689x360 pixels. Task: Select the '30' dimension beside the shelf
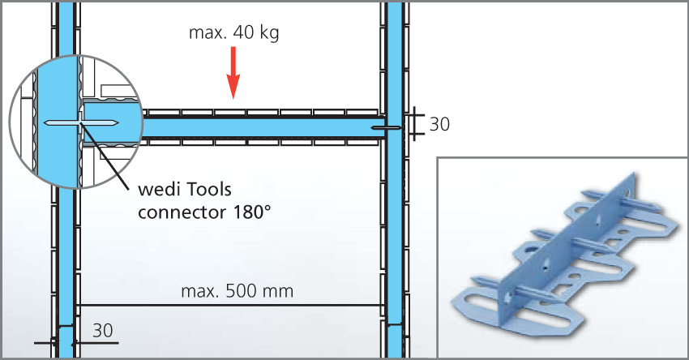pyautogui.click(x=439, y=124)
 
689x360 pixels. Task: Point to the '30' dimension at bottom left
pyautogui.click(x=102, y=331)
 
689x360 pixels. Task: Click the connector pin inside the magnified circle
pyautogui.click(x=82, y=123)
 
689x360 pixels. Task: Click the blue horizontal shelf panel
pyautogui.click(x=259, y=127)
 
